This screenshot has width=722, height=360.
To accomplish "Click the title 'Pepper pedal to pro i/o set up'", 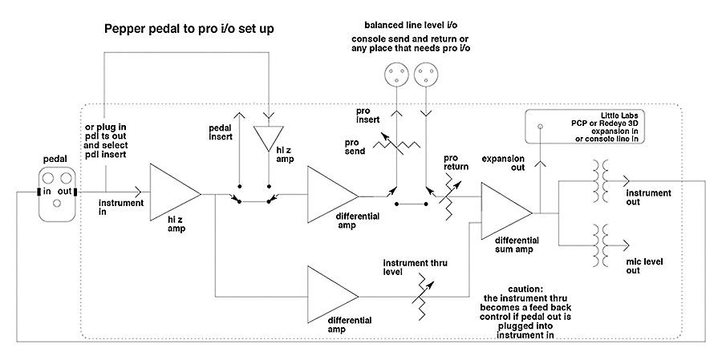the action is [189, 30].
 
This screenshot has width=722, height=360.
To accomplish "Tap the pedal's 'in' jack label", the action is [47, 191].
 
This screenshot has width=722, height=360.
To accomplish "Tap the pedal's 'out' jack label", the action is [64, 191].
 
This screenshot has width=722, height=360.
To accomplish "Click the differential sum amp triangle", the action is [507, 212].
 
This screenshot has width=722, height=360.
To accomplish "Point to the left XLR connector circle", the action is [396, 74].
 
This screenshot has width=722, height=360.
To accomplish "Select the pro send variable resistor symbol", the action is [396, 145].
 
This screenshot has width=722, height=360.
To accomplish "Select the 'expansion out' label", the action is [503, 163].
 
